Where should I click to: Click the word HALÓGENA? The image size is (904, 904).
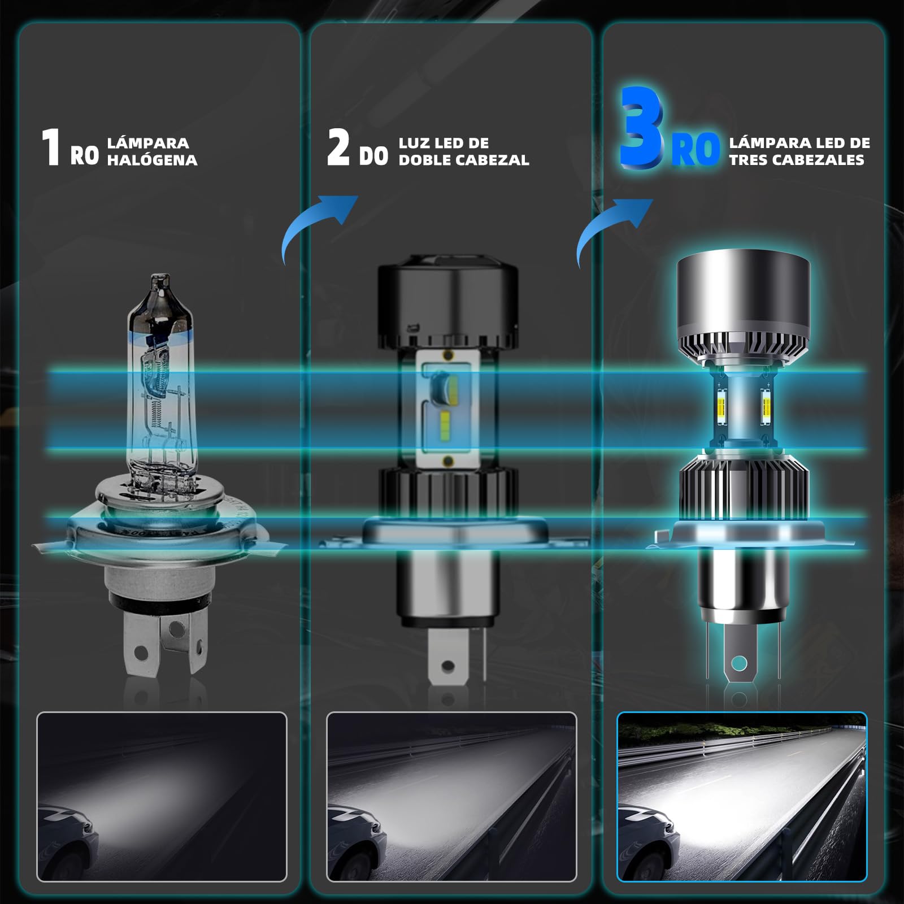(x=153, y=160)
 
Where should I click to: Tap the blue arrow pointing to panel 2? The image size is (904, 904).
(x=318, y=226)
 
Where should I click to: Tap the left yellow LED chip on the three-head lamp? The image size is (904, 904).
(x=722, y=405)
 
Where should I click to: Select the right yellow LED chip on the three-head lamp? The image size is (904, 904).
(x=767, y=405)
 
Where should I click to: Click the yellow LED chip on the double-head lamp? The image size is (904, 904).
(x=444, y=420)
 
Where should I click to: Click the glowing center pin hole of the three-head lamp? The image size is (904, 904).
(x=739, y=663)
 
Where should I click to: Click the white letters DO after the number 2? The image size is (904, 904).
(x=374, y=156)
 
